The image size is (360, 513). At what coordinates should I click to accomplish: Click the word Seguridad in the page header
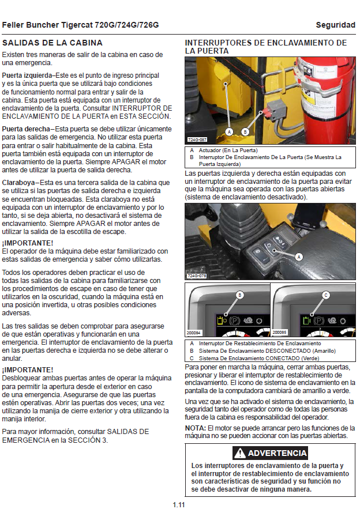(335, 25)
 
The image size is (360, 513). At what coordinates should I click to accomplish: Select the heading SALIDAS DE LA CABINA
(52, 43)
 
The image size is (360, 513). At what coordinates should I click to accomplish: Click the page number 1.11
(178, 506)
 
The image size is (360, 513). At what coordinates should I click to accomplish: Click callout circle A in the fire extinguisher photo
(230, 131)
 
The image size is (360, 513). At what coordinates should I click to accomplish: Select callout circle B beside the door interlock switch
(245, 131)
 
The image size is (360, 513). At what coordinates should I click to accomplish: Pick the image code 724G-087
(197, 140)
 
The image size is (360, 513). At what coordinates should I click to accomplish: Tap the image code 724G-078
(197, 276)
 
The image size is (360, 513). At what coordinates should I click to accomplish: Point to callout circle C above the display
(326, 295)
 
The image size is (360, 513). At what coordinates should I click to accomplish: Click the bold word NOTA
(194, 428)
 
